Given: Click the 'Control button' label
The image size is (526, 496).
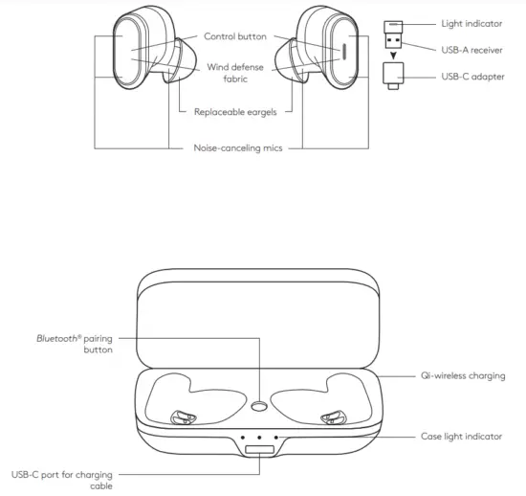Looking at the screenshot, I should coord(235,36).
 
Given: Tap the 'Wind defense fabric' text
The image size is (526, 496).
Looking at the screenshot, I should coord(234,74).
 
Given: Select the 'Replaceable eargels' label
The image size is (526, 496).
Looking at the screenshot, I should coord(235,111).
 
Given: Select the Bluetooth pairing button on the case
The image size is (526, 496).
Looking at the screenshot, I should coord(258,406).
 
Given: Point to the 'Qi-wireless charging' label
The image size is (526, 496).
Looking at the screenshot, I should coord(463,376).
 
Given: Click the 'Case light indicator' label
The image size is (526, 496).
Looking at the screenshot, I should coord(462,437).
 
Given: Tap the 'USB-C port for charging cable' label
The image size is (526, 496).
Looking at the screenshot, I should coord(59,479).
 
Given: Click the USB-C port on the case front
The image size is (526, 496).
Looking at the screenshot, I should coord(258,450).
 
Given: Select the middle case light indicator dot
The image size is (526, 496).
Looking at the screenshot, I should coord(258,437).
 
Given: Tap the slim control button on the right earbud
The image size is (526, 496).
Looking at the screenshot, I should coord(340,53).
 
